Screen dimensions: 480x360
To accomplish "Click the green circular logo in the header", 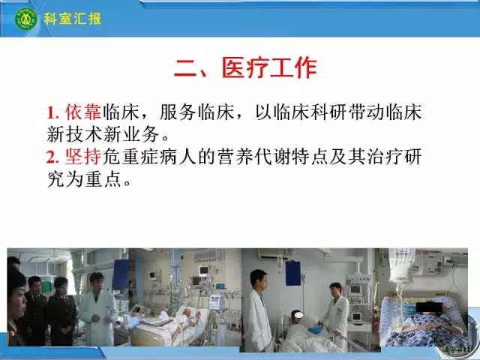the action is pos(25,18).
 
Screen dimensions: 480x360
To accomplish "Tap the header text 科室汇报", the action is pos(72,19).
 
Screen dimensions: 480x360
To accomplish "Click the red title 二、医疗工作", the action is pos(245,68).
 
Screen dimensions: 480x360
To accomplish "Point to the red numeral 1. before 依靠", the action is pos(52,112).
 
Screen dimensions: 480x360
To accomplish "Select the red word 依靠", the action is pos(83,112).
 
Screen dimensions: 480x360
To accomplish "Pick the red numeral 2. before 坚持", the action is pos(52,157).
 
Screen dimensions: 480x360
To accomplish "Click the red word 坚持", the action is pos(83,157).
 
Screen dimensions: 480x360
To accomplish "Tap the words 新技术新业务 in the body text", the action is pos(103,134).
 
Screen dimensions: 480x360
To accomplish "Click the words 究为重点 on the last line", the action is pos(84,178).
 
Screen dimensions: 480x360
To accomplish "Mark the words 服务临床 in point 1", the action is pos(196,112).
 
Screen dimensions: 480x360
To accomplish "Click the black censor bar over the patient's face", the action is pos(429,307).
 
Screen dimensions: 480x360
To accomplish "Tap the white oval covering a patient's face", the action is pos(298,315).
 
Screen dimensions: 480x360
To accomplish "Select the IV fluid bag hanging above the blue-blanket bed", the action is pos(401,265).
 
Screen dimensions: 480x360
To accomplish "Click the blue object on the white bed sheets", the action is pos(314,330).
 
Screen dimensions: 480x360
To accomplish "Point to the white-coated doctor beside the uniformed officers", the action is pos(97,310).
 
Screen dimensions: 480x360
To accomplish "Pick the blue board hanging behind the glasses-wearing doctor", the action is pos(293,273).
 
